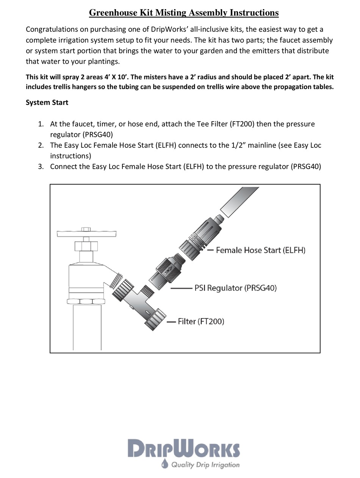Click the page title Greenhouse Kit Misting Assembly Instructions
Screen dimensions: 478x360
point(184,13)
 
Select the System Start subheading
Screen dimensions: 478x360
point(47,102)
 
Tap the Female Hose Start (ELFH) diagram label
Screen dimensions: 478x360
point(260,250)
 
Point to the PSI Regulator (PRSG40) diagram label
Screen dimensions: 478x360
point(235,288)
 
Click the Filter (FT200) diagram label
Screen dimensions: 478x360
point(201,321)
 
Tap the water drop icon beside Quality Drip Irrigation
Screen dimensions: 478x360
point(164,464)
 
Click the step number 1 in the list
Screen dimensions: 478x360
point(41,124)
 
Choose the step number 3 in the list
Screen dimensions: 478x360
point(41,166)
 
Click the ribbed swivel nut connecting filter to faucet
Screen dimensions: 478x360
point(122,290)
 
